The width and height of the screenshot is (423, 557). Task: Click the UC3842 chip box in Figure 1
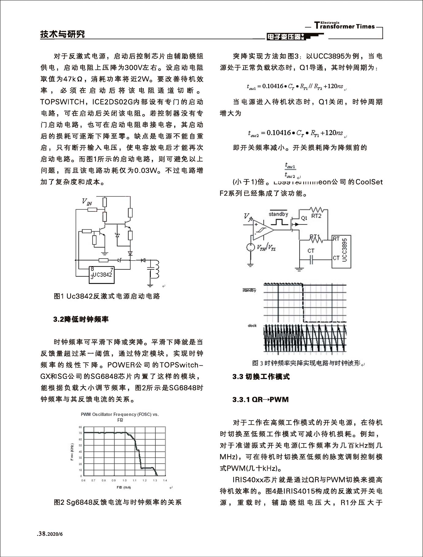tap(101, 275)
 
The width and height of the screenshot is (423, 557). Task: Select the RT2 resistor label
tap(316, 216)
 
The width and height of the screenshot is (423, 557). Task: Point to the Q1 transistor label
tap(304, 219)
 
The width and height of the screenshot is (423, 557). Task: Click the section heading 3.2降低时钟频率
tap(81, 320)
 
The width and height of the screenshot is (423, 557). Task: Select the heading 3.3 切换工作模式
tap(261, 377)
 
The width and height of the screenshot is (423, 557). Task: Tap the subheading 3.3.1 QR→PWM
tap(261, 400)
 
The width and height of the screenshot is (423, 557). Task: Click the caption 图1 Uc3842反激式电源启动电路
tap(107, 296)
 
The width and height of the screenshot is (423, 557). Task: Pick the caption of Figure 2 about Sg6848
tap(117, 502)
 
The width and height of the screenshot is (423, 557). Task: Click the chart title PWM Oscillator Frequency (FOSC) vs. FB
tap(120, 417)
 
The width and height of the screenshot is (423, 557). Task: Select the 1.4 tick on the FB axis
tap(165, 480)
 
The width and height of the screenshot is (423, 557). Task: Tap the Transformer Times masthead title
tap(345, 26)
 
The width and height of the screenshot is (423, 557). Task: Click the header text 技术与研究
tap(63, 34)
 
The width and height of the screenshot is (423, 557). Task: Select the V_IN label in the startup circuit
tap(87, 202)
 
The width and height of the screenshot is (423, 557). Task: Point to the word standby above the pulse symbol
tap(278, 214)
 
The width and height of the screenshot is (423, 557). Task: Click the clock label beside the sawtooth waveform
tap(252, 326)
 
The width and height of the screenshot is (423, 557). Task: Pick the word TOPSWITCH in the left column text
tap(62, 102)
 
